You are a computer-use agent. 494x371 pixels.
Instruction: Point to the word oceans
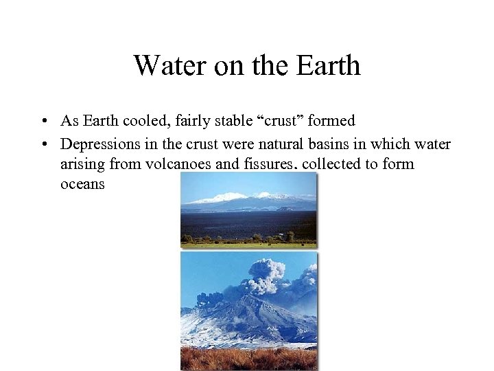click(x=82, y=185)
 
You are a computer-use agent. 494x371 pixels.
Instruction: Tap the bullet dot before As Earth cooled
click(x=43, y=122)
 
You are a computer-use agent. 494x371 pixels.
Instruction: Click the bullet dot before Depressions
click(x=43, y=144)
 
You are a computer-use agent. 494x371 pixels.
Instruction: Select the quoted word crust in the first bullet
click(x=281, y=121)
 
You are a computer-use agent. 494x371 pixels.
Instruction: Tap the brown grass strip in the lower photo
click(x=248, y=359)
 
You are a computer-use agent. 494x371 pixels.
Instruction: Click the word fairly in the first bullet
click(x=191, y=121)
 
